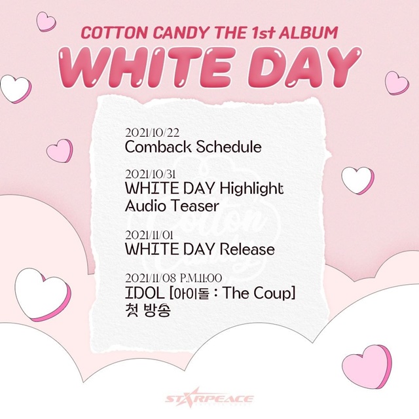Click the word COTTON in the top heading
coord(114,33)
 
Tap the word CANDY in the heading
coord(181,33)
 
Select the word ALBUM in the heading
coord(308,33)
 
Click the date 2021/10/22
coord(152,133)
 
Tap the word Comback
coord(158,147)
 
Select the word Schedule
coord(228,147)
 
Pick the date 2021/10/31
coord(150,174)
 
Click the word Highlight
coord(251,189)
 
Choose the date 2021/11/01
coord(149,235)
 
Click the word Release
coord(247,249)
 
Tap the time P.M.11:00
coord(201,278)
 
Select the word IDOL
coord(145,293)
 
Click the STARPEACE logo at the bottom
coord(209,399)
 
